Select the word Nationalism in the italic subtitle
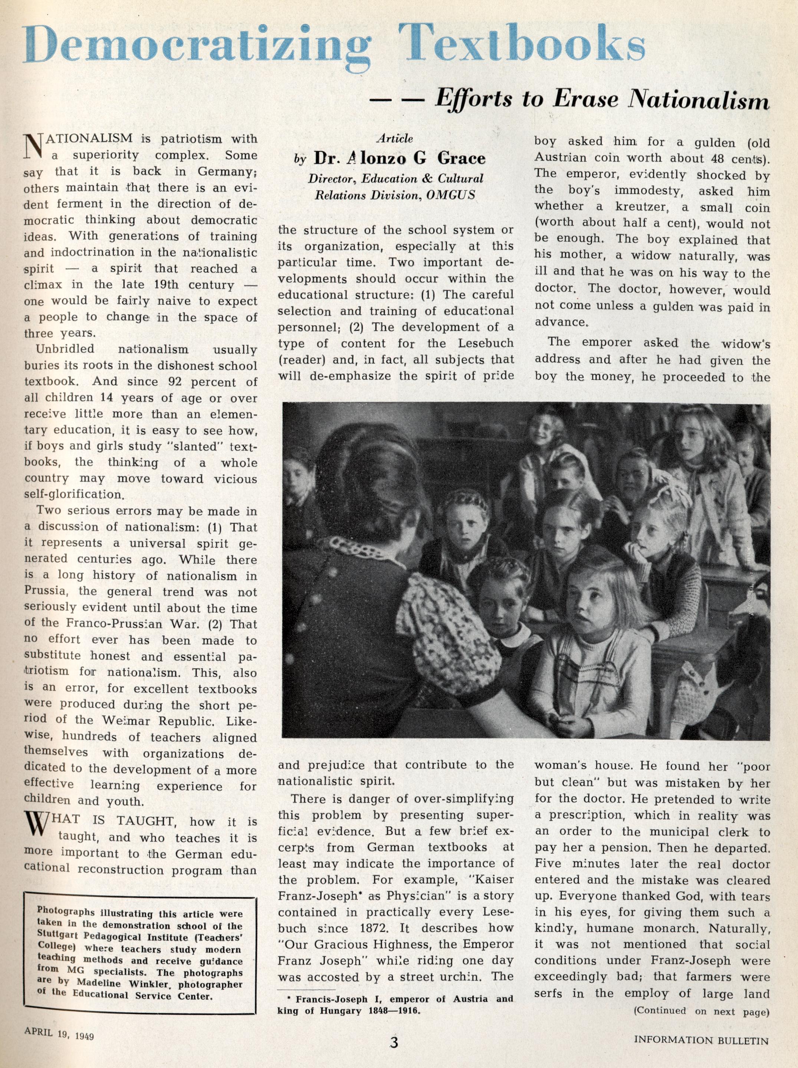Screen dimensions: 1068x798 (697, 99)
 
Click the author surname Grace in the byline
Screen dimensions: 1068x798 (461, 158)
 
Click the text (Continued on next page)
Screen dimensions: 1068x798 (700, 1010)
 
